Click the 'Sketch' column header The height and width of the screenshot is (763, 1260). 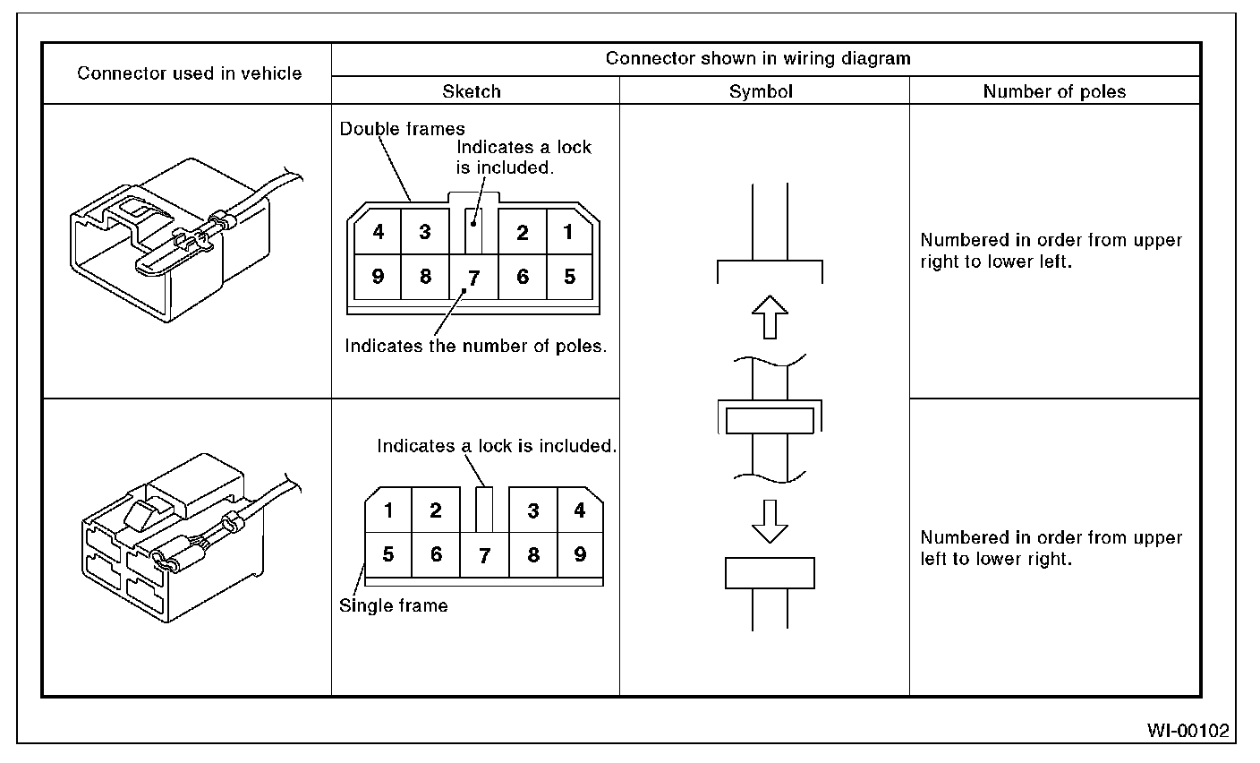coord(472,91)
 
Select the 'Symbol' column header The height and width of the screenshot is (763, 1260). coord(761,91)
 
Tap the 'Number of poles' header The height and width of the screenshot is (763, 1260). coord(1054,91)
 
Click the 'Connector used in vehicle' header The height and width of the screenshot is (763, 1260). coord(189,73)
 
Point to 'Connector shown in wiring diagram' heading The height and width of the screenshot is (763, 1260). coord(758,59)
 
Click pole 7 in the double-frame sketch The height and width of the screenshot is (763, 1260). coord(474,279)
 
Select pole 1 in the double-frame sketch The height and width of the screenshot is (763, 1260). coord(568,232)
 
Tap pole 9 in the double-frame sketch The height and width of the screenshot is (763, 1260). coord(379,277)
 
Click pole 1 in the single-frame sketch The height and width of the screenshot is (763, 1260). coord(388,511)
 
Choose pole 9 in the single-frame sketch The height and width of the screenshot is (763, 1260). coord(580,554)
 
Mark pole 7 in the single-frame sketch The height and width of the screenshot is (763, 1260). coord(484,556)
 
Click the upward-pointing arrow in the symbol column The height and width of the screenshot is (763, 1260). coord(769,317)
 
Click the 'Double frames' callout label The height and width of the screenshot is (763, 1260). coord(402,129)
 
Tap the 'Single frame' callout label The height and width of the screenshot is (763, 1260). coord(393,606)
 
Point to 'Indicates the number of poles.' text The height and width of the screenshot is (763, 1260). coord(476,347)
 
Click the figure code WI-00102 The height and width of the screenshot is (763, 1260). coord(1188,731)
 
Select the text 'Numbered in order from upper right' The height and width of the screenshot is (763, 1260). coord(1051,241)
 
